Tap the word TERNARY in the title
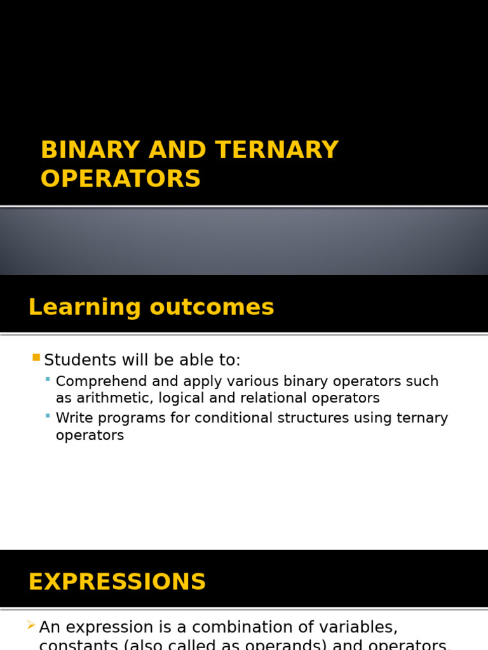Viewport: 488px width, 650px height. point(276,150)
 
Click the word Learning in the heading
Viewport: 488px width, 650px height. point(85,308)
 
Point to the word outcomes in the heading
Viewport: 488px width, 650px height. point(212,308)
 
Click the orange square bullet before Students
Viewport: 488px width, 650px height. point(36,358)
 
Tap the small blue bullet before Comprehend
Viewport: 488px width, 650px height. point(48,379)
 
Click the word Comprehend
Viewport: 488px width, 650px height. point(100,381)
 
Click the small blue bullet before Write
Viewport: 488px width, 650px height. point(48,416)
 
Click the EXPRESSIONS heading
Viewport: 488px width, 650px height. point(118,582)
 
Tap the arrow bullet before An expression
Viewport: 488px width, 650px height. point(31,626)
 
